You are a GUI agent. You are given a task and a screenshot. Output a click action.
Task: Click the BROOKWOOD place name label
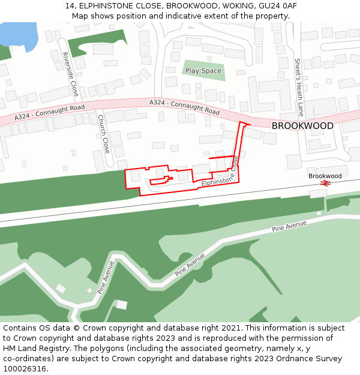(x=302, y=126)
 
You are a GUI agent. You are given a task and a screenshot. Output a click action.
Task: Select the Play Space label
(x=203, y=71)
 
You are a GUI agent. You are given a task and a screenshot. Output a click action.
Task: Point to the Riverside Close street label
(x=71, y=74)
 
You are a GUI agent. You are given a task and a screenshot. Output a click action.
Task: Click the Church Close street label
(x=103, y=134)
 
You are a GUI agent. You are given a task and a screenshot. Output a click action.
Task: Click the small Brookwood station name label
(x=325, y=176)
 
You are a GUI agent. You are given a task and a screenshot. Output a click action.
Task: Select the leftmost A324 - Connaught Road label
(x=50, y=112)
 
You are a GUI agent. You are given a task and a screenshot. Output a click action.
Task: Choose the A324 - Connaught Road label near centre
(x=184, y=107)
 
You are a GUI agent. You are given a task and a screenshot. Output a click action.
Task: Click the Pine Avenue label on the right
(x=289, y=226)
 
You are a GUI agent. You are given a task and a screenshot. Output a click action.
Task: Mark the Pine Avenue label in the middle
(x=190, y=264)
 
